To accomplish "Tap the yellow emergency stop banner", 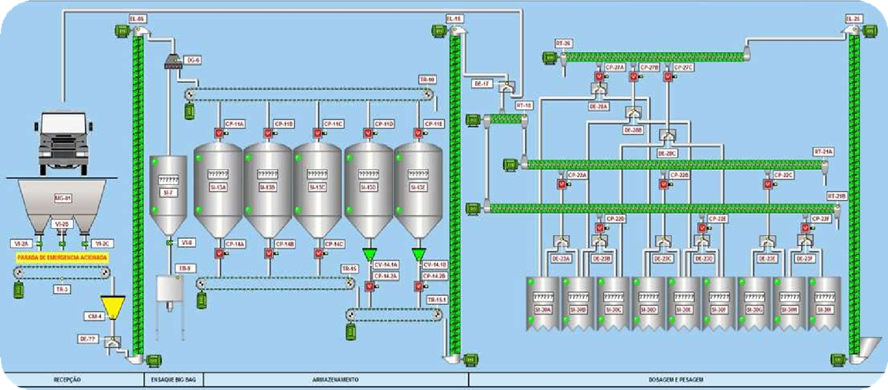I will pos(62,257).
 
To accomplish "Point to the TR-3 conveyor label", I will pos(63,290).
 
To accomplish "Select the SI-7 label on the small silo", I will pos(166,192).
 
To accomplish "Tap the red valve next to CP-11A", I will pos(218,133).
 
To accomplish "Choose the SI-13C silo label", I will pos(317,188).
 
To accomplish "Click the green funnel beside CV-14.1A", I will pos(369,255).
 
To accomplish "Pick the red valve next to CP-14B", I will pos(268,253).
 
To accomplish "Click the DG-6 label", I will pos(193,60).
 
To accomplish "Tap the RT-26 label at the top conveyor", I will pos(563,44).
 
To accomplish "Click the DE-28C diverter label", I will pos(667,153).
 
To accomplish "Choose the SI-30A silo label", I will pos(544,310).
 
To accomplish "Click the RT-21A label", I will pos(823,152).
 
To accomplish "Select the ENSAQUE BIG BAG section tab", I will pos(169,379).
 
